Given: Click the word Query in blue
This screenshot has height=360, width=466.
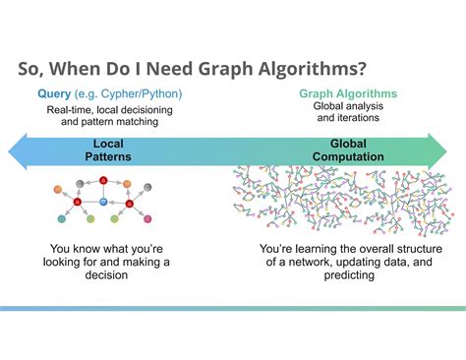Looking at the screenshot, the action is (54, 94).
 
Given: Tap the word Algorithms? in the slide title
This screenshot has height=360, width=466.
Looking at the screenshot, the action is (312, 69).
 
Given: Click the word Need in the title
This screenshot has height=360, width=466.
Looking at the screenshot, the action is (169, 69).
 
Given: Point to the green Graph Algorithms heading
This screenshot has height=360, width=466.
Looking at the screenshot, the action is (348, 93).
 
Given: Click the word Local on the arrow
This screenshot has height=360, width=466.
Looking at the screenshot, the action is (108, 144).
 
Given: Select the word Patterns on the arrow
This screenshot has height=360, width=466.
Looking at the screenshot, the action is (108, 156).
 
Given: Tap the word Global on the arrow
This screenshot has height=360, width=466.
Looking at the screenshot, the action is (348, 144).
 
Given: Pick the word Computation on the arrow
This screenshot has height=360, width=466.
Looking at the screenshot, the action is (348, 156).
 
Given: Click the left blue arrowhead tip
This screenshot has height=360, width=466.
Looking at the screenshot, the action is (9, 151).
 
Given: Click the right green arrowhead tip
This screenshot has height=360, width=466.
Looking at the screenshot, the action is (446, 151).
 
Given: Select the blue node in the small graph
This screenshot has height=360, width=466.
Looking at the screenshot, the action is (103, 202).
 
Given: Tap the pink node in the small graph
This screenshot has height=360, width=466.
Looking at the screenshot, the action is (147, 218).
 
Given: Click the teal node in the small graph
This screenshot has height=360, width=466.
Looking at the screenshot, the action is (62, 218).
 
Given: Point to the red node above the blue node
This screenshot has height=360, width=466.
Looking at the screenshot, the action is (103, 180).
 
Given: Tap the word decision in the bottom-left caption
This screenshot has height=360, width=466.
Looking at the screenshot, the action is (106, 274).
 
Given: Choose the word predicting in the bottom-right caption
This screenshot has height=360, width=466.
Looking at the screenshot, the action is (349, 275).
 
